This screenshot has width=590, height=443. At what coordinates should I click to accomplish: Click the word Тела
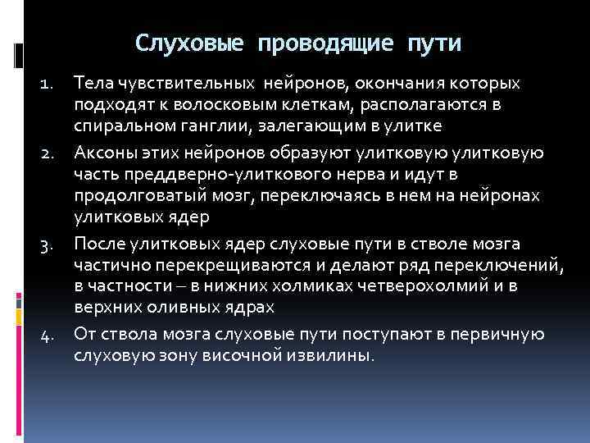tap(93, 84)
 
